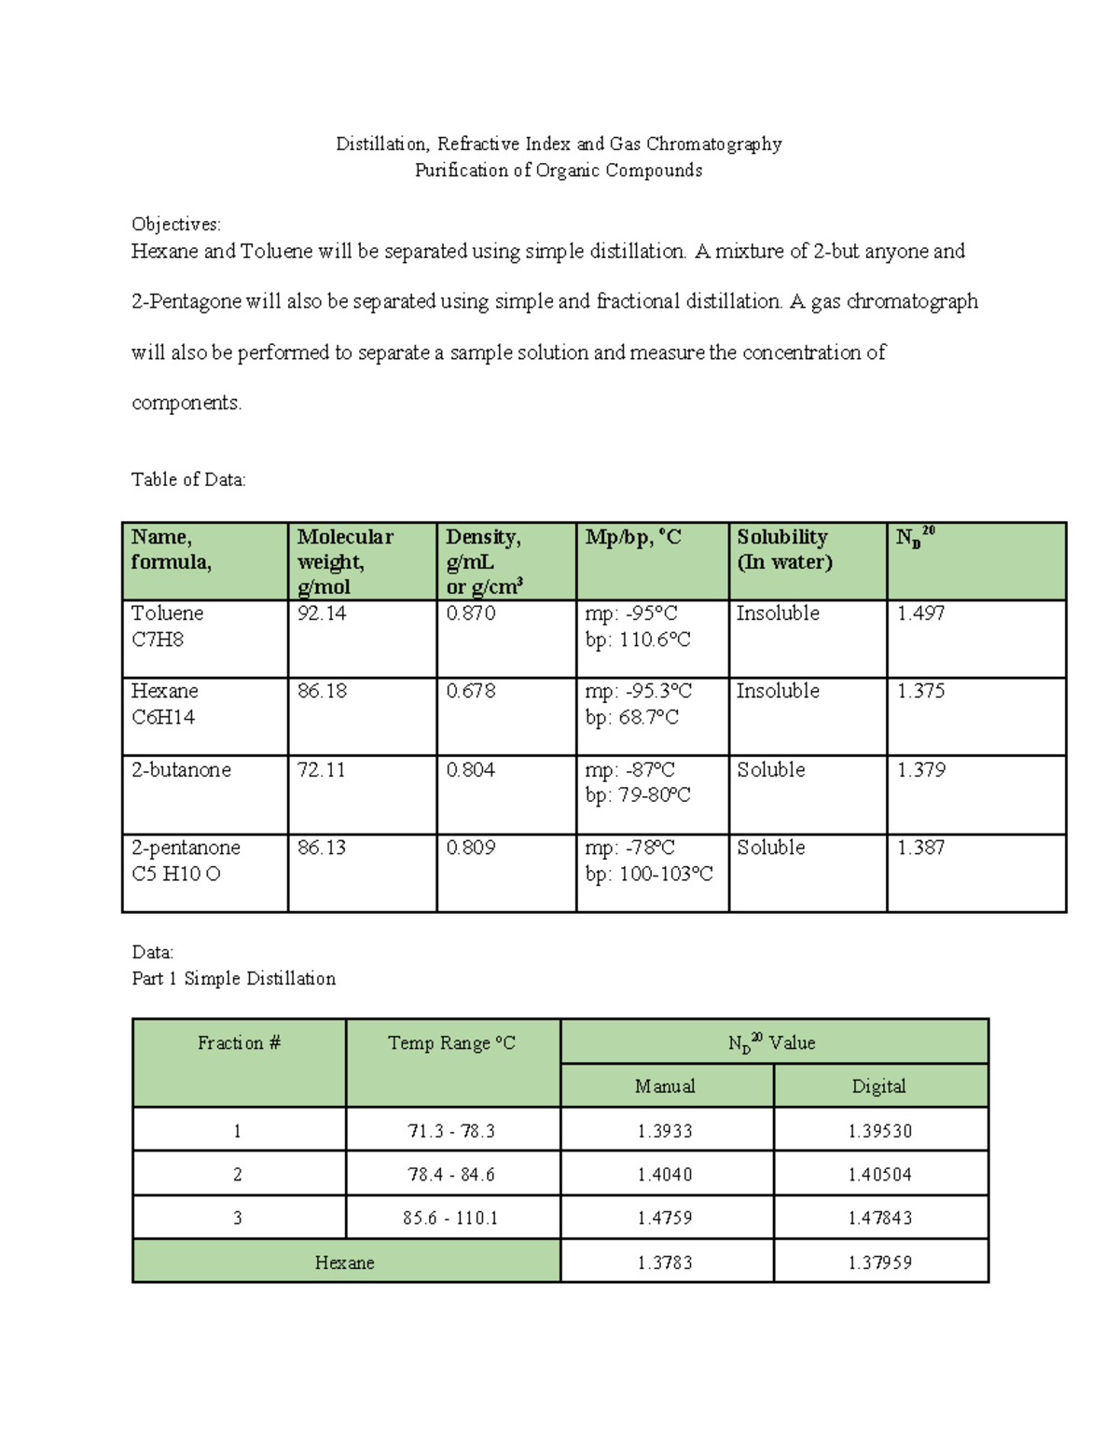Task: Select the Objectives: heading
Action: (176, 225)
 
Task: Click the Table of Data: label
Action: (188, 480)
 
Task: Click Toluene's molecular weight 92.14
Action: (322, 614)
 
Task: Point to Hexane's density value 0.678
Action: (470, 692)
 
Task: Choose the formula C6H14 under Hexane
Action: (163, 718)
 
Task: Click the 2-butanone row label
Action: (181, 770)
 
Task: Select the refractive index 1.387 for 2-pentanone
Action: (920, 848)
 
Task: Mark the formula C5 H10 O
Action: (176, 875)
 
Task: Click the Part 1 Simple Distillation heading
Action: (233, 979)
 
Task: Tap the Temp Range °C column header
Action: (451, 1043)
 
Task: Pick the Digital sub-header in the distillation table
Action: (878, 1087)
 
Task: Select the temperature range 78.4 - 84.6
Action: (451, 1175)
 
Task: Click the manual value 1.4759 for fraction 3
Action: (665, 1219)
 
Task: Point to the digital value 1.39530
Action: (879, 1132)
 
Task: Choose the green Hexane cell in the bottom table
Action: (345, 1263)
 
